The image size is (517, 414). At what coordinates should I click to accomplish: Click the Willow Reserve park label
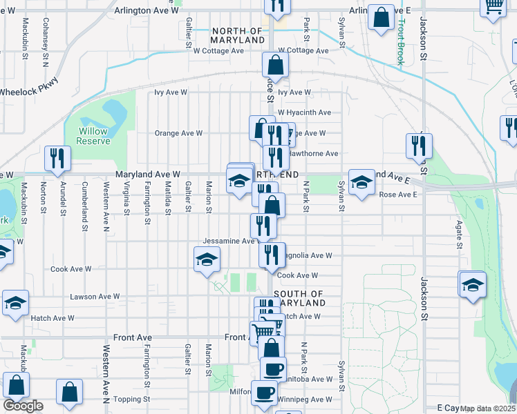pyautogui.click(x=93, y=136)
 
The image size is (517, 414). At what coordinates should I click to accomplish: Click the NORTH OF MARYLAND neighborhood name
pyautogui.click(x=238, y=36)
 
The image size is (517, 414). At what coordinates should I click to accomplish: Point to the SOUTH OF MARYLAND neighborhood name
pyautogui.click(x=299, y=298)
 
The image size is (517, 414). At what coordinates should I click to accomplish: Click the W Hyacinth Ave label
pyautogui.click(x=304, y=112)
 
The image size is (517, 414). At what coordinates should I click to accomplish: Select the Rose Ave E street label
pyautogui.click(x=399, y=195)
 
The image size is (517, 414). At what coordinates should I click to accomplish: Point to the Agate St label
pyautogui.click(x=458, y=235)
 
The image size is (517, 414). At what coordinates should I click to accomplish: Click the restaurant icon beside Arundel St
pyautogui.click(x=57, y=158)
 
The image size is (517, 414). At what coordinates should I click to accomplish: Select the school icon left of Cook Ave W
pyautogui.click(x=207, y=261)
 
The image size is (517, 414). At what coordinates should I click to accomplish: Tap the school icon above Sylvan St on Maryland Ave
pyautogui.click(x=361, y=183)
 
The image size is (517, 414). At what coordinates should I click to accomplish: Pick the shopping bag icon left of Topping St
pyautogui.click(x=70, y=393)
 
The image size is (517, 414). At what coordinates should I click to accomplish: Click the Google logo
pyautogui.click(x=23, y=406)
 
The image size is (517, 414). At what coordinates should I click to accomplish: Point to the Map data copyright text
pyautogui.click(x=488, y=408)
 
